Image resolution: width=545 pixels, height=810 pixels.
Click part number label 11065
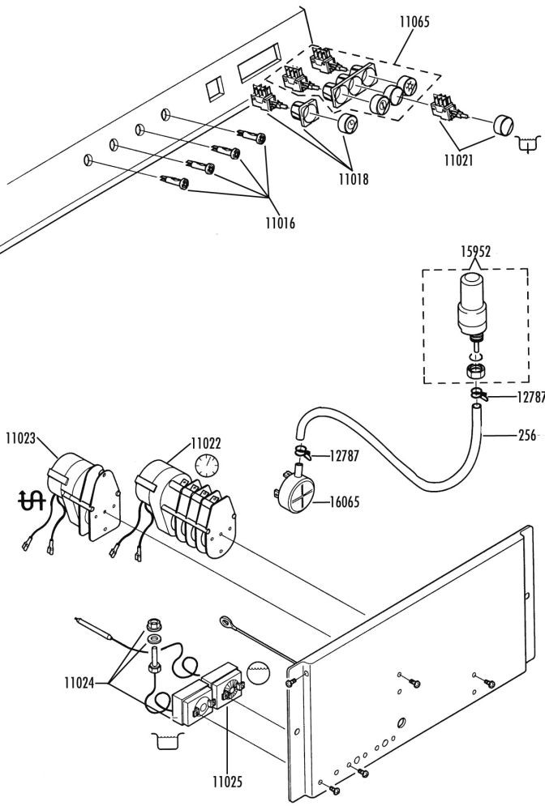414,22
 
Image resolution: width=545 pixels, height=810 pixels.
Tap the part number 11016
281,224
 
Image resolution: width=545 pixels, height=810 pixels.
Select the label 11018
354,179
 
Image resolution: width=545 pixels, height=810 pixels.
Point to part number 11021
459,160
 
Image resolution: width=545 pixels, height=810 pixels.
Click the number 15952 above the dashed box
476,252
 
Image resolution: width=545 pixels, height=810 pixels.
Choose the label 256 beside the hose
527,435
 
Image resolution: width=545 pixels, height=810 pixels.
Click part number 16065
345,501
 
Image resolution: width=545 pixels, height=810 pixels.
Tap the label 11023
21,438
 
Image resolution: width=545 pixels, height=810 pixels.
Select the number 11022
206,443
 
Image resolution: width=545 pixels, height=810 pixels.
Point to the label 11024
79,683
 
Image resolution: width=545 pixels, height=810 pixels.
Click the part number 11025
227,782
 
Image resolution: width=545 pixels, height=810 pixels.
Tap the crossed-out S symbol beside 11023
32,500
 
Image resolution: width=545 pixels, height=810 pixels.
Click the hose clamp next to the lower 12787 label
303,452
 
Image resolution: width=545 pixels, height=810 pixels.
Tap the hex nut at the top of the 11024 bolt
153,625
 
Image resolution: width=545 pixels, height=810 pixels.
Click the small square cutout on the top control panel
213,89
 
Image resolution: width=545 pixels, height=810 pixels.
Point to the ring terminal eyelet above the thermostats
226,621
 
